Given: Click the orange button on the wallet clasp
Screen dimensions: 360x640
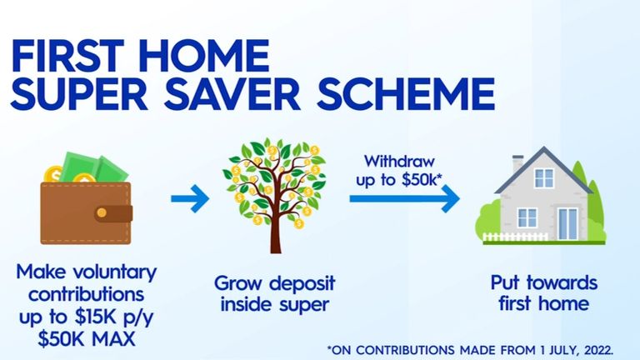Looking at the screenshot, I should point(101,212).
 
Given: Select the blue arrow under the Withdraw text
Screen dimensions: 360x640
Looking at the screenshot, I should point(404,199).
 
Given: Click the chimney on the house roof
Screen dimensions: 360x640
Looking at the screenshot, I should point(518,165).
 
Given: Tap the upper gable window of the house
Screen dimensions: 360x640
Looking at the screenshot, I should point(543,177).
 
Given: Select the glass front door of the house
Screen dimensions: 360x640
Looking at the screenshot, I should point(567,223).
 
